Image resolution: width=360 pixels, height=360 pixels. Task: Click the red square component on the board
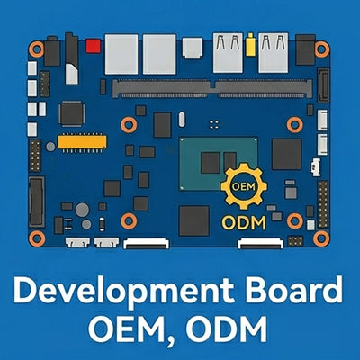93,46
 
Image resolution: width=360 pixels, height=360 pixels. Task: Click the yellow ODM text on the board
243,223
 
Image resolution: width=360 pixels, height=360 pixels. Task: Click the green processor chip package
219,164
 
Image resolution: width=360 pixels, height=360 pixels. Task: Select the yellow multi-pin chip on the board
82,142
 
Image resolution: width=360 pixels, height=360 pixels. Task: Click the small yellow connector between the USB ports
250,45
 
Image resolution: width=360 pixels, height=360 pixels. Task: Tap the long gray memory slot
212,88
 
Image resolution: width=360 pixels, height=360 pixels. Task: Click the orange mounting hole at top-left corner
36,49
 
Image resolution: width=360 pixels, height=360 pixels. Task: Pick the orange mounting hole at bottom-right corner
321,238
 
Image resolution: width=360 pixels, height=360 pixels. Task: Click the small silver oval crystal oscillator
182,119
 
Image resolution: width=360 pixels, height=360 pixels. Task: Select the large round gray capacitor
82,210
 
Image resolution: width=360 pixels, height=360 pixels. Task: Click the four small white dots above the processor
213,124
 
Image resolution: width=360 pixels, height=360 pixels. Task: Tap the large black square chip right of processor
287,154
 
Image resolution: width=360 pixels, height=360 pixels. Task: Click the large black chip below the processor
193,220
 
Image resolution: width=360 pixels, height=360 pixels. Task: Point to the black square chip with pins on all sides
71,113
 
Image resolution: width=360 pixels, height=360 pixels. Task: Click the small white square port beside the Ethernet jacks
192,48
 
